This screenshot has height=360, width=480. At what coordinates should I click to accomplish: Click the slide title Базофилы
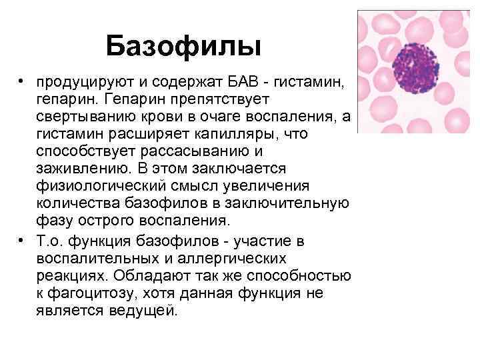click(x=183, y=46)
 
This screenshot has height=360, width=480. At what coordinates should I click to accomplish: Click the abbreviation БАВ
click(x=251, y=81)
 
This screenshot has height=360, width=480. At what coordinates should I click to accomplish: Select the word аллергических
click(x=235, y=257)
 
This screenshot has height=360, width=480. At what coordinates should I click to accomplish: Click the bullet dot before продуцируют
click(x=22, y=81)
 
